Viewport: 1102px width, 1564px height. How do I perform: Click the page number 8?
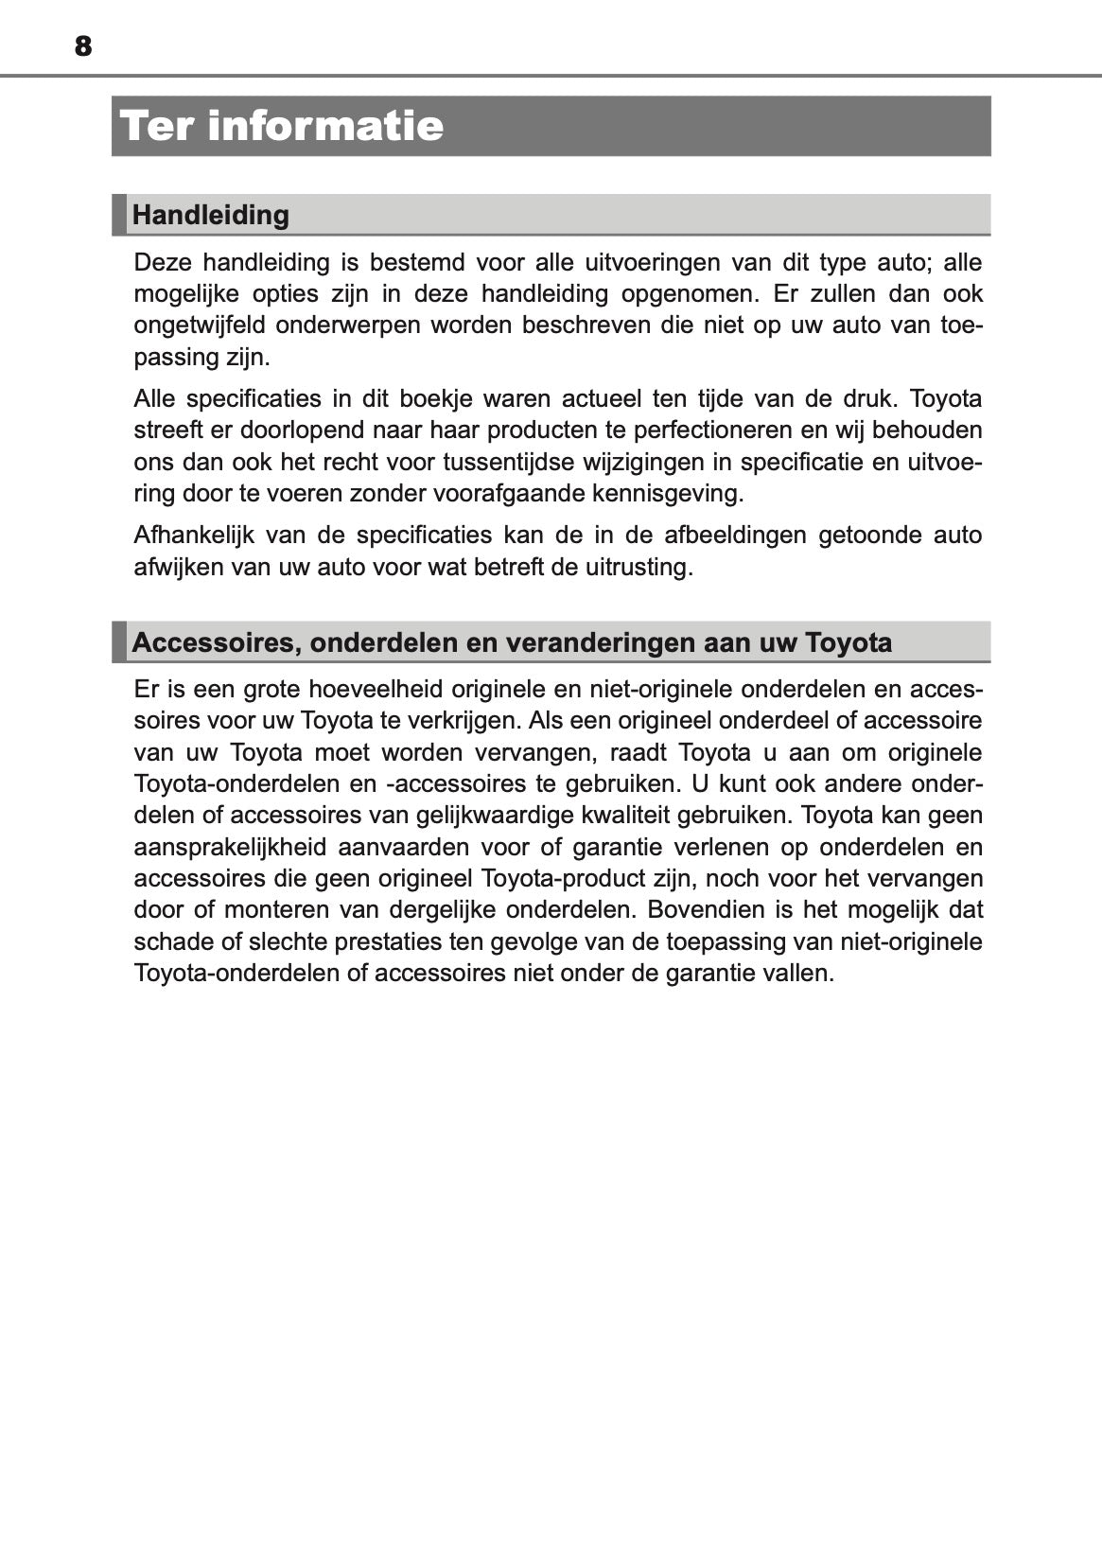point(83,45)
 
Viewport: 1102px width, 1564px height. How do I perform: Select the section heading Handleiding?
point(210,215)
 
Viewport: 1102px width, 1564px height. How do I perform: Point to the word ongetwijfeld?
point(198,325)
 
